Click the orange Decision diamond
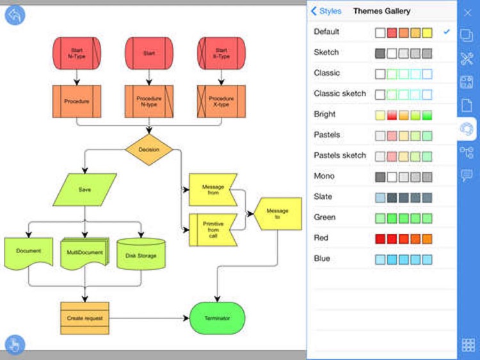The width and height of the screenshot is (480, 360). (x=148, y=150)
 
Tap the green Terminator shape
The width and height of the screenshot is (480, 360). (x=218, y=318)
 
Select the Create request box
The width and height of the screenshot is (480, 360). (x=84, y=318)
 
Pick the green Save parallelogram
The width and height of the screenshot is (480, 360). (x=85, y=189)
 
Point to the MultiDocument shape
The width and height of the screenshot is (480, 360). (x=84, y=253)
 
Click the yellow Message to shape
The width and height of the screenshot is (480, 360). (x=277, y=214)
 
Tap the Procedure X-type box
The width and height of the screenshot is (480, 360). (x=221, y=102)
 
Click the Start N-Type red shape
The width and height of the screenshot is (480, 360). (x=77, y=52)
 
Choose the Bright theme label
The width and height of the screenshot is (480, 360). (x=325, y=114)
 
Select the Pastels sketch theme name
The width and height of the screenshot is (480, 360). (x=340, y=155)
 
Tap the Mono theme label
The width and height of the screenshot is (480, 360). (x=324, y=176)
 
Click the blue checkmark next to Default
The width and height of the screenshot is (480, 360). (x=447, y=32)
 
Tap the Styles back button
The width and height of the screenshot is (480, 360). (x=326, y=11)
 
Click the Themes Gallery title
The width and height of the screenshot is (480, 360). (x=381, y=11)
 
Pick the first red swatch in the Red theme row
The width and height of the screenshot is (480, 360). (x=380, y=239)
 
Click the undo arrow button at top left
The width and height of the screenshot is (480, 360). (x=15, y=15)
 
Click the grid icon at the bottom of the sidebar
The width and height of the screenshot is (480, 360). (x=468, y=345)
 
